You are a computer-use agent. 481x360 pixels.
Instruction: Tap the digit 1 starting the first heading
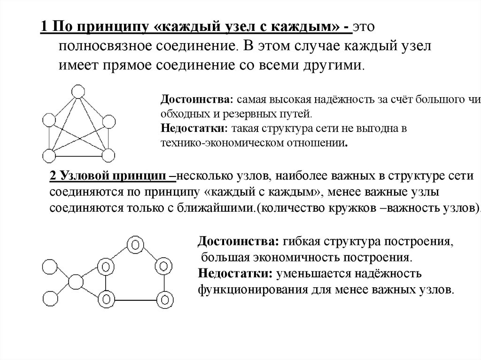pyautogui.click(x=43, y=27)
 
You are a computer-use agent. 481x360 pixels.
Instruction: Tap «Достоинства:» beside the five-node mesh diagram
pyautogui.click(x=197, y=100)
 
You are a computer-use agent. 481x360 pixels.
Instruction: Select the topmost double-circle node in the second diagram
pyautogui.click(x=135, y=245)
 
